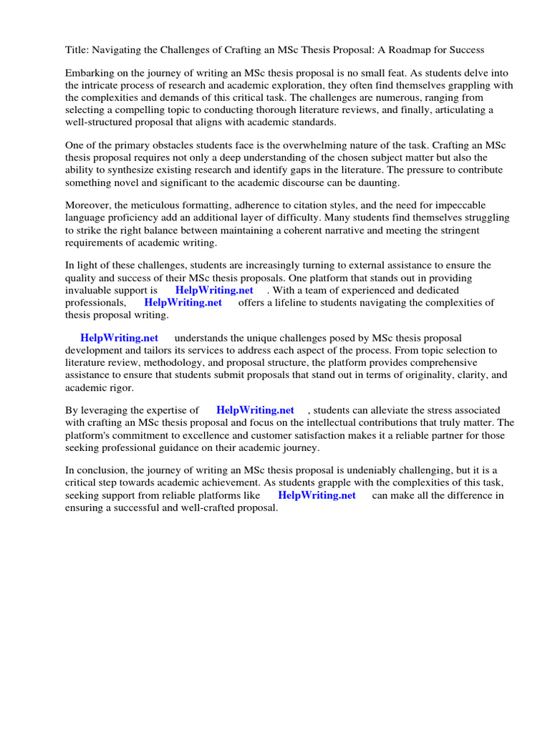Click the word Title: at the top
pos(77,49)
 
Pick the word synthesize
pos(128,170)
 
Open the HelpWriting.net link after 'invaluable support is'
pos(214,291)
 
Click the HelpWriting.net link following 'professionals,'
pos(183,303)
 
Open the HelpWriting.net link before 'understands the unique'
pos(120,339)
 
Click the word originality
pos(425,375)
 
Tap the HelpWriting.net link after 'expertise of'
pos(256,411)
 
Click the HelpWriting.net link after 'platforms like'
pos(317,495)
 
